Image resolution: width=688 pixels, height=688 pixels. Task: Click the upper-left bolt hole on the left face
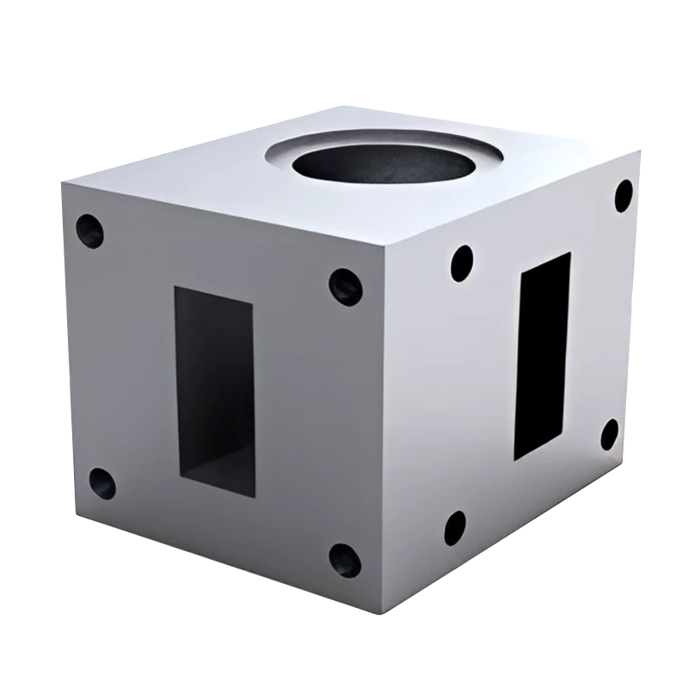89,230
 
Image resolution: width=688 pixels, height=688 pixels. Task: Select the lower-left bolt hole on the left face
102,483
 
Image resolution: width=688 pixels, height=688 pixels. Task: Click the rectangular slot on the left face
215,391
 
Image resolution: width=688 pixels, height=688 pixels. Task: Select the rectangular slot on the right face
542,355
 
